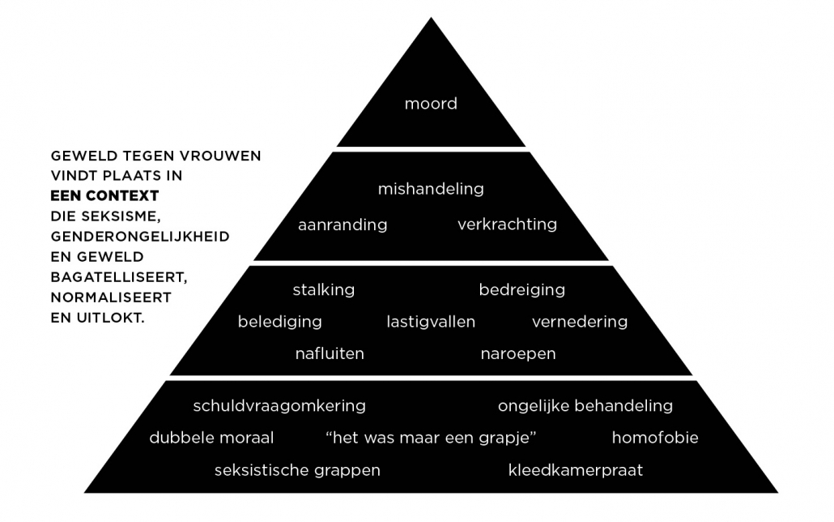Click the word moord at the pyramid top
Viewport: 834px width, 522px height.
[431, 104]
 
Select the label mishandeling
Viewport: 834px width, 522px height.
[431, 189]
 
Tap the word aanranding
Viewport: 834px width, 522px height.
[343, 225]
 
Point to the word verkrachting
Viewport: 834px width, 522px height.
[507, 224]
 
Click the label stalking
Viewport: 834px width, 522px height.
[323, 289]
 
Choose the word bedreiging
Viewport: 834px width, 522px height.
[521, 289]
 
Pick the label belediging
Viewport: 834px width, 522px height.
[279, 322]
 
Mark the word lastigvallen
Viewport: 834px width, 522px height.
[431, 322]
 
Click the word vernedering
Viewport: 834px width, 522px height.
[579, 322]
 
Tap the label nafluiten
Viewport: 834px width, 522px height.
[330, 353]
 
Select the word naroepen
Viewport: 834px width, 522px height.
[518, 353]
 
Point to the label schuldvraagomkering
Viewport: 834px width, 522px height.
[279, 405]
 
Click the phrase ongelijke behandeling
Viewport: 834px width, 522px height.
[585, 405]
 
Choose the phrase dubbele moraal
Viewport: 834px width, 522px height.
[211, 438]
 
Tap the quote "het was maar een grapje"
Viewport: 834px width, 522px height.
[431, 438]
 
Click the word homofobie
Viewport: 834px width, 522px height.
[654, 438]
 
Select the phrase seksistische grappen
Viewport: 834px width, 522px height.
[297, 470]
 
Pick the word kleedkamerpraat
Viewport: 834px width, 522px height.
[575, 470]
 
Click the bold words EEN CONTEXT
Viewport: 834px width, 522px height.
[104, 196]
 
